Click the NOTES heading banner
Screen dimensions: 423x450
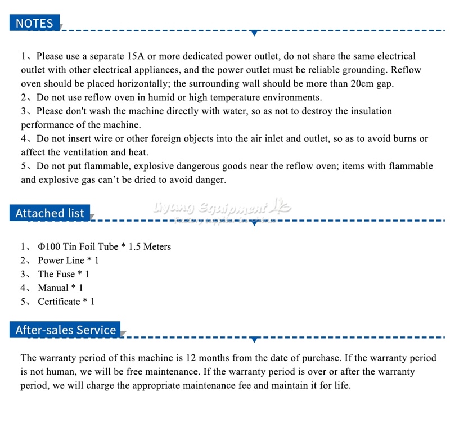34,23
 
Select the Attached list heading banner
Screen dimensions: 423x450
49,213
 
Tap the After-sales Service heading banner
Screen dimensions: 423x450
66,330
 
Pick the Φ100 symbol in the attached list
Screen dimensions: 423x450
48,246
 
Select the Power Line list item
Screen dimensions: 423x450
61,260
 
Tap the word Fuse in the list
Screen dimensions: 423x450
65,274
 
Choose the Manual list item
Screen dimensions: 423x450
53,288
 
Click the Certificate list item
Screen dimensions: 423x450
59,301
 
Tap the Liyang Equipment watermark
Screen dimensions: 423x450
222,209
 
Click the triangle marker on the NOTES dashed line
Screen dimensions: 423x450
255,34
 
